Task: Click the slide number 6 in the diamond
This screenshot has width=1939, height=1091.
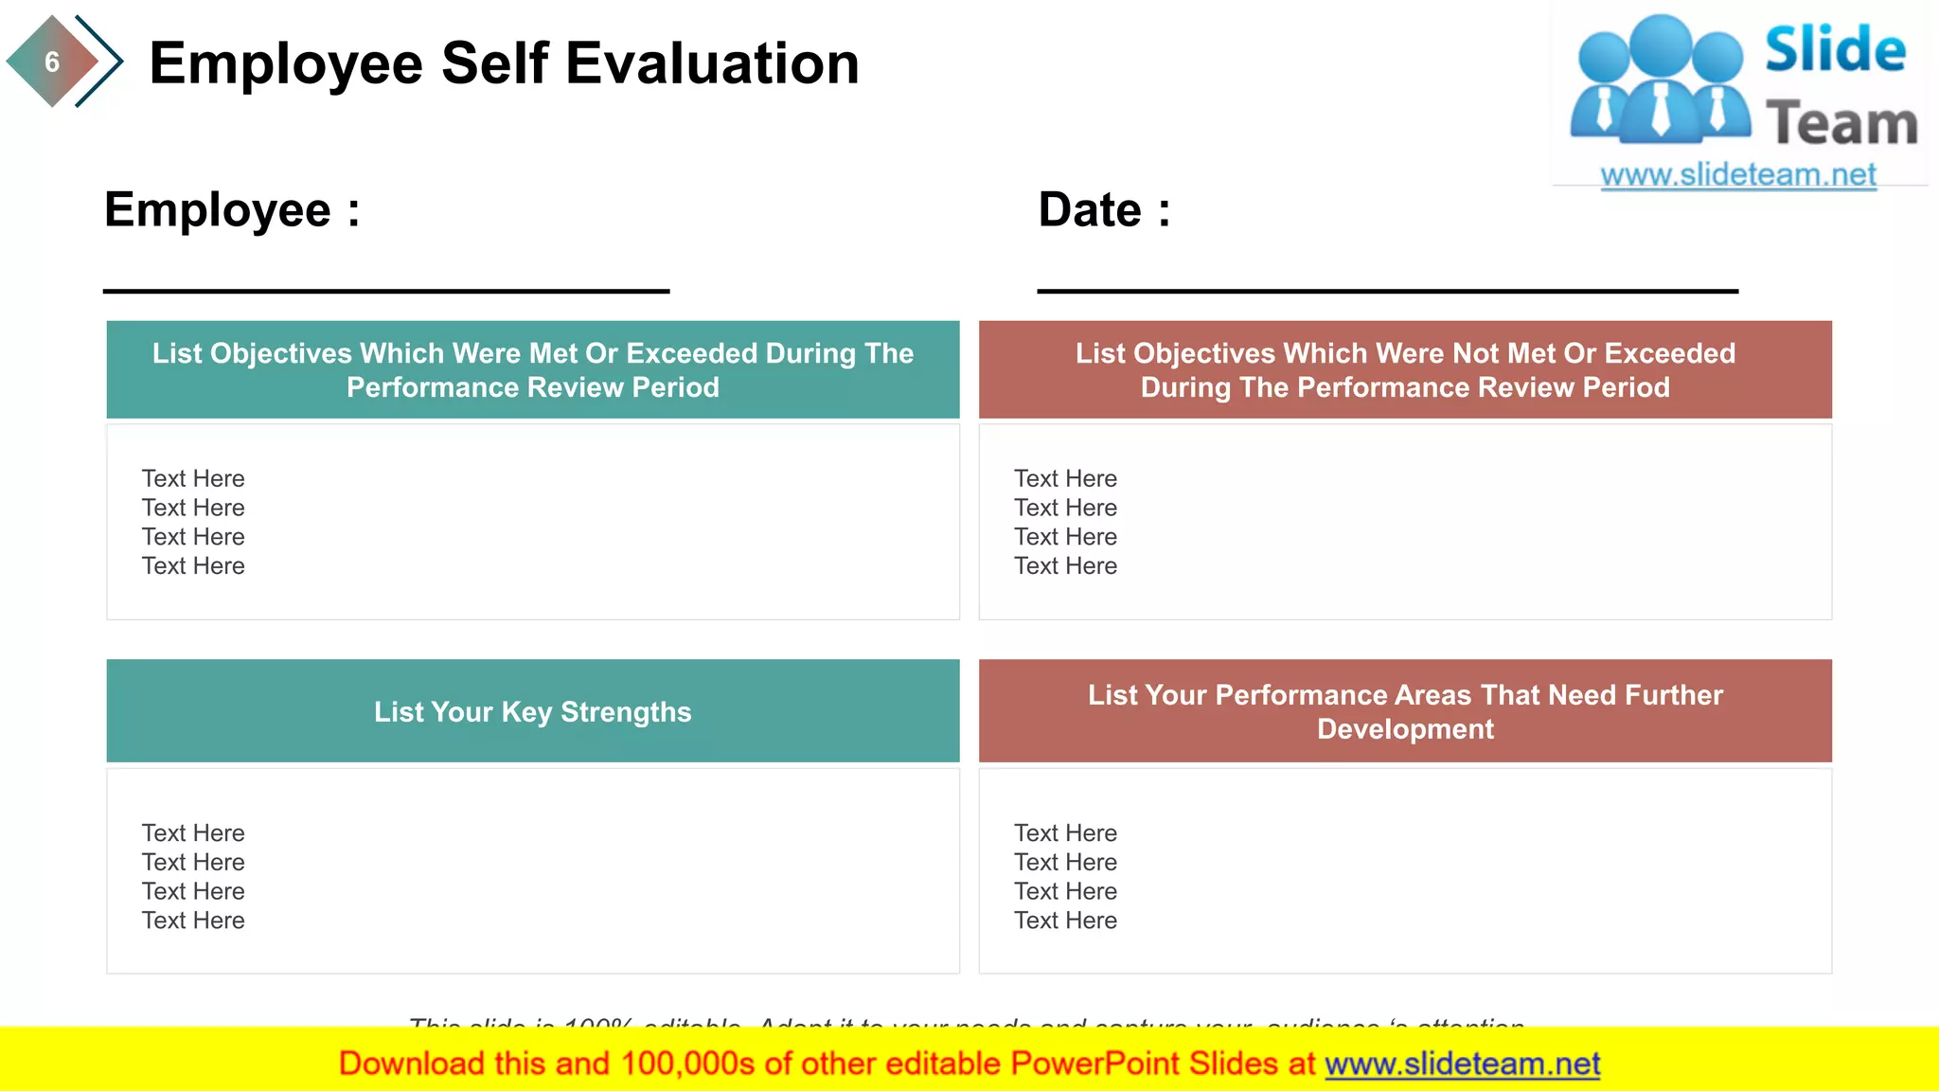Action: pyautogui.click(x=52, y=63)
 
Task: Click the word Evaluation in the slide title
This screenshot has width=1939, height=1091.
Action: pyautogui.click(x=712, y=63)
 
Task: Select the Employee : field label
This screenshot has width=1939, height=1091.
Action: pyautogui.click(x=232, y=209)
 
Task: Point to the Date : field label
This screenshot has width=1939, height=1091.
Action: pyautogui.click(x=1104, y=209)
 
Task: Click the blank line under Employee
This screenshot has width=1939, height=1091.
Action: pyautogui.click(x=386, y=291)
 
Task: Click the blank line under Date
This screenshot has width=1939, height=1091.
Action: pyautogui.click(x=1387, y=291)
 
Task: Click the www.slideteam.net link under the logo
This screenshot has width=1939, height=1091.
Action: pyautogui.click(x=1737, y=175)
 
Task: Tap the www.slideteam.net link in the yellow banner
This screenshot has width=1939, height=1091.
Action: pyautogui.click(x=1462, y=1064)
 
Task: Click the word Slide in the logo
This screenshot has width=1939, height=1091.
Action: pyautogui.click(x=1835, y=50)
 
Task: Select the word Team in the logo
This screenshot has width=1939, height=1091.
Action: pyautogui.click(x=1841, y=124)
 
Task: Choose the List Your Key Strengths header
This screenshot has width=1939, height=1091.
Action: pyautogui.click(x=532, y=711)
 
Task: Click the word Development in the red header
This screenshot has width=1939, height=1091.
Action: pyautogui.click(x=1405, y=729)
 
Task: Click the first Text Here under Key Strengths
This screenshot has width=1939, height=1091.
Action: pyautogui.click(x=193, y=833)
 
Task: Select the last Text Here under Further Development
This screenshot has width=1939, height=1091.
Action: pyautogui.click(x=1065, y=921)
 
